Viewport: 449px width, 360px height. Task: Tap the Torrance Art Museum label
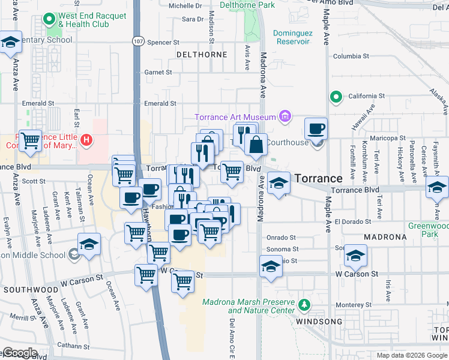click(237, 117)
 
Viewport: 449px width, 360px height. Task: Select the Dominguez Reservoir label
click(291, 37)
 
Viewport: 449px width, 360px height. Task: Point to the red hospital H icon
click(86, 141)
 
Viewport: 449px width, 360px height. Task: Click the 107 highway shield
click(137, 41)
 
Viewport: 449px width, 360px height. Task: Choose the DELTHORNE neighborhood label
click(202, 55)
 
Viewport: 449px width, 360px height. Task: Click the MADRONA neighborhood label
click(384, 237)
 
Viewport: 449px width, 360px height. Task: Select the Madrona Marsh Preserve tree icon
click(304, 305)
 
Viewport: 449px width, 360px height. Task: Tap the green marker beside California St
click(337, 96)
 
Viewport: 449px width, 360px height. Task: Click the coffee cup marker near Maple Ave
click(316, 129)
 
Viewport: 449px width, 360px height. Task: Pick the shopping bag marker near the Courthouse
click(256, 145)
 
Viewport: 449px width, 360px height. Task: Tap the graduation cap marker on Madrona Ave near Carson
click(271, 266)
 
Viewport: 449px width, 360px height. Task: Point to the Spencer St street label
click(163, 43)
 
